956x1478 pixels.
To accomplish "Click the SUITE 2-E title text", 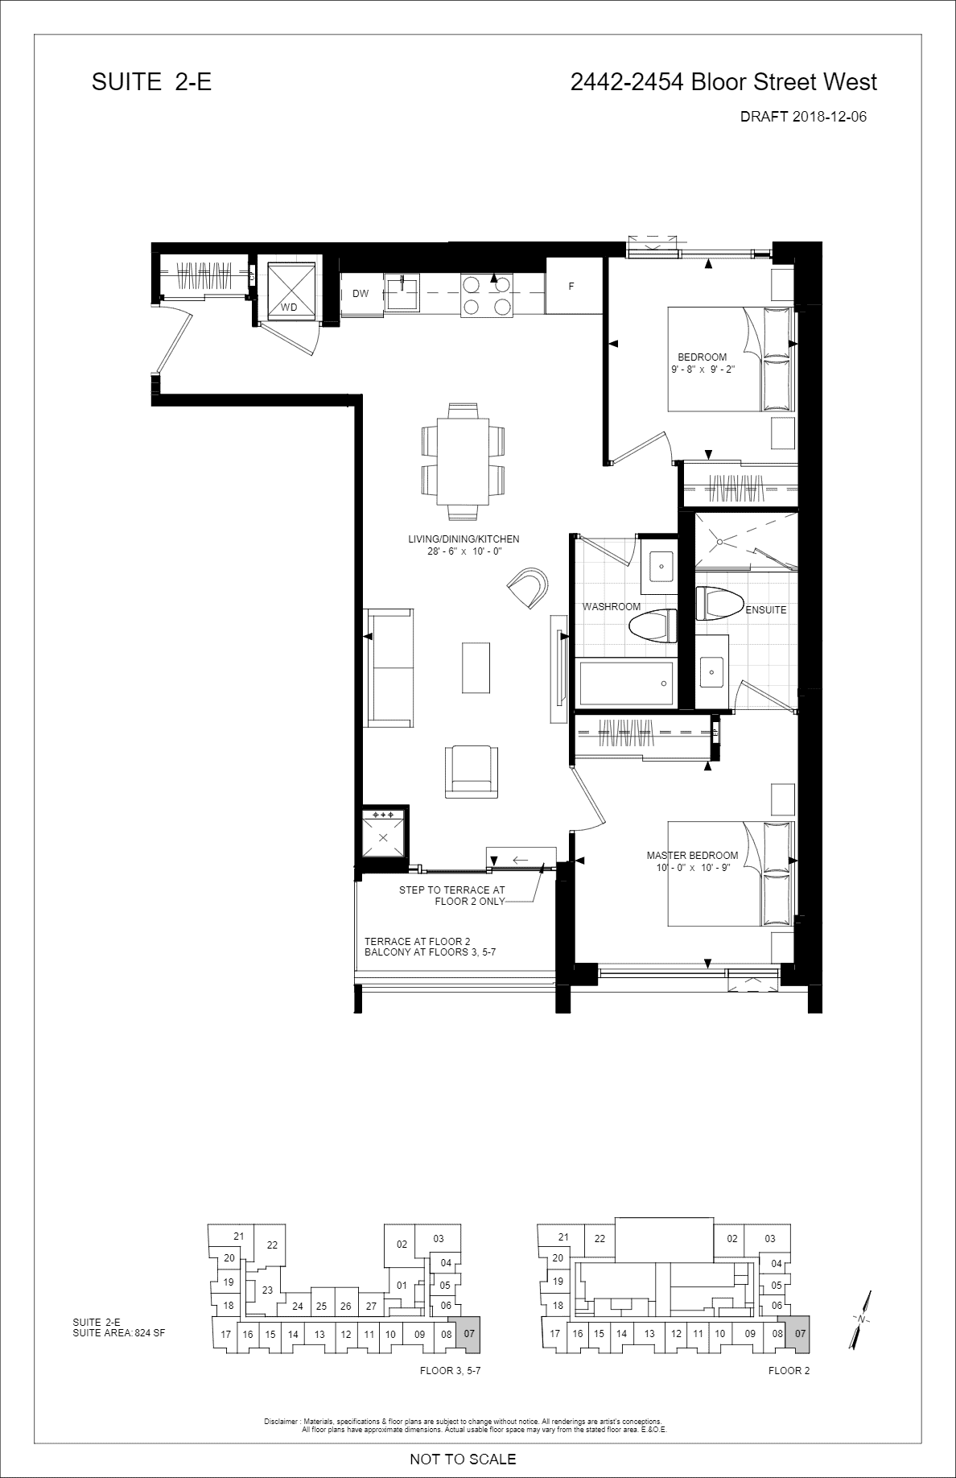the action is pyautogui.click(x=151, y=82).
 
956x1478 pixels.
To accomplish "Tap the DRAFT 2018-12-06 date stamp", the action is pyautogui.click(x=803, y=117).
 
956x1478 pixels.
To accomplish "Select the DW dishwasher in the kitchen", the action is pyautogui.click(x=361, y=294).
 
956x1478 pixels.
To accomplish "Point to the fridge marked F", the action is pyautogui.click(x=571, y=286).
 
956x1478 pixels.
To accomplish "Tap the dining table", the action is pyautogui.click(x=463, y=461).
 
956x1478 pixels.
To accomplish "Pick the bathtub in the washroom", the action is pyautogui.click(x=625, y=683).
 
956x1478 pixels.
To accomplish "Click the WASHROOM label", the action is pyautogui.click(x=612, y=607).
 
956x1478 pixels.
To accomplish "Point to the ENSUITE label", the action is pyautogui.click(x=766, y=610).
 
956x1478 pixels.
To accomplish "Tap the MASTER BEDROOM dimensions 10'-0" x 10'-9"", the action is pyautogui.click(x=693, y=869).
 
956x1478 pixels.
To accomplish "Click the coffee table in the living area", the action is pyautogui.click(x=476, y=667).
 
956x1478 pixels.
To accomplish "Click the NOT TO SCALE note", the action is pyautogui.click(x=463, y=1459).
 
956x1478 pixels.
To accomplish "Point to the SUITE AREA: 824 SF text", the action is pyautogui.click(x=118, y=1332).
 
